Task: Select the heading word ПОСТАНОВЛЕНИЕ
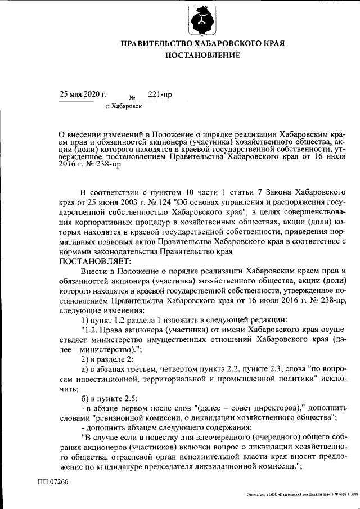tap(202, 55)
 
